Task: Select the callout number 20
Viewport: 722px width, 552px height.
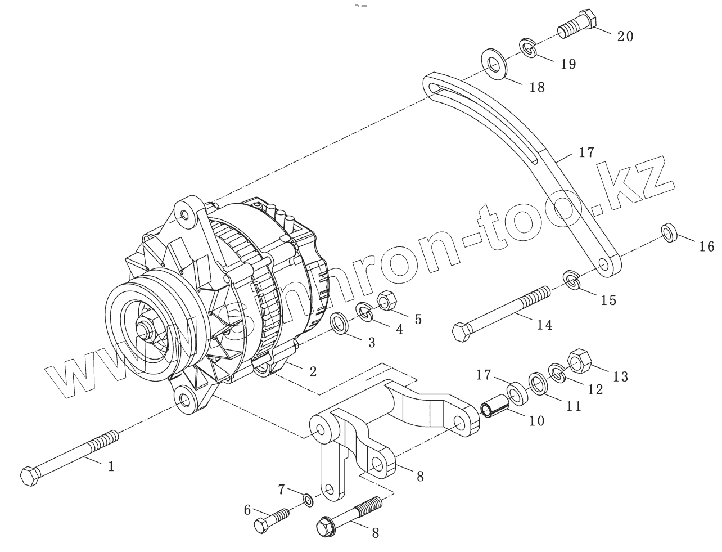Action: click(x=625, y=37)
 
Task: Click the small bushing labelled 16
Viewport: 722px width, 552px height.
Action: click(x=669, y=232)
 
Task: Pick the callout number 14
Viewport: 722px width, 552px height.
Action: click(x=544, y=325)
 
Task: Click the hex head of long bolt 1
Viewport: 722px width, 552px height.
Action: click(x=29, y=477)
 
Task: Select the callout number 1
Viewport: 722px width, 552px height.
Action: click(x=111, y=466)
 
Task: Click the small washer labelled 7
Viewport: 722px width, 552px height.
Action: click(x=308, y=499)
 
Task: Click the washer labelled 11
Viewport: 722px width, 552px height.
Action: click(x=537, y=385)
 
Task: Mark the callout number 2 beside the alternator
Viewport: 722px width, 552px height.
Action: click(x=313, y=371)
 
